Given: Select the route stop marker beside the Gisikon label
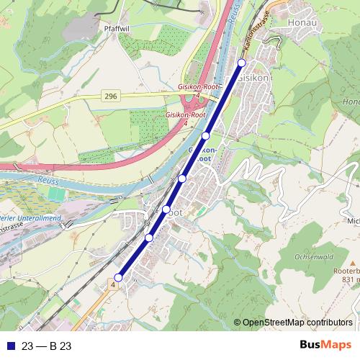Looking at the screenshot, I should pos(241,63).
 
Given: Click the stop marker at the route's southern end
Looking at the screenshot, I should pos(118,277).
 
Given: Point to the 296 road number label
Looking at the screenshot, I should pos(110,96).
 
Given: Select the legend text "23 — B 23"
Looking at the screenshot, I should pos(46,346).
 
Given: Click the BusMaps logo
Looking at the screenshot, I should pos(325,346).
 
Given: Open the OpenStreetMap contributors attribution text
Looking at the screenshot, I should pos(297,323).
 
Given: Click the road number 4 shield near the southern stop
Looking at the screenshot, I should pos(113,286).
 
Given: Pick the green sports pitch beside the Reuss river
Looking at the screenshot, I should pos(55,192).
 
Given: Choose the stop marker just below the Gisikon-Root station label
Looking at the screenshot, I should pos(182,178).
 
